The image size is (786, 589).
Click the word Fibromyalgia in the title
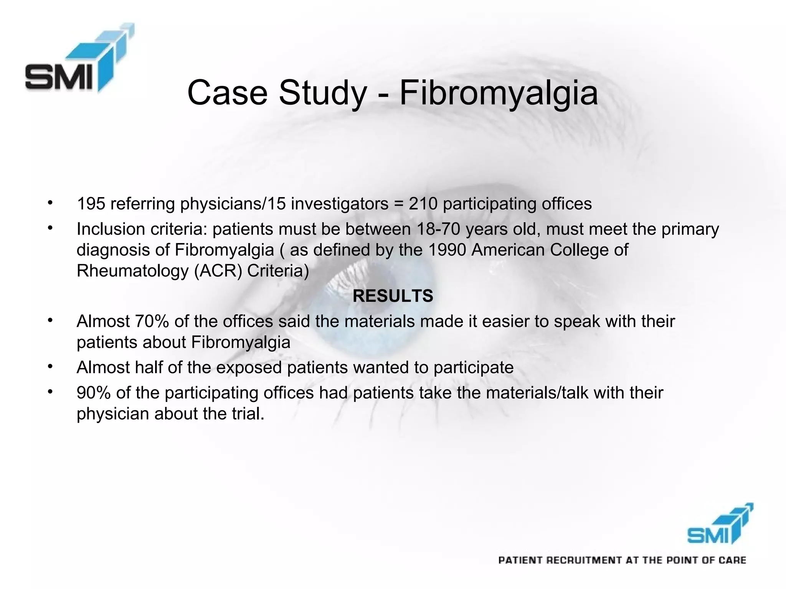click(499, 93)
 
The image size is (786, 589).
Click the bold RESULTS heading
click(393, 296)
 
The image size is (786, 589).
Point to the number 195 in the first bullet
click(91, 204)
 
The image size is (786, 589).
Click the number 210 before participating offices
click(423, 204)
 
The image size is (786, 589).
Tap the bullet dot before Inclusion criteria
click(50, 228)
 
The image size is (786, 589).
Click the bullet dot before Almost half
click(50, 367)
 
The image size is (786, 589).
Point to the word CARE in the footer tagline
click(732, 561)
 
